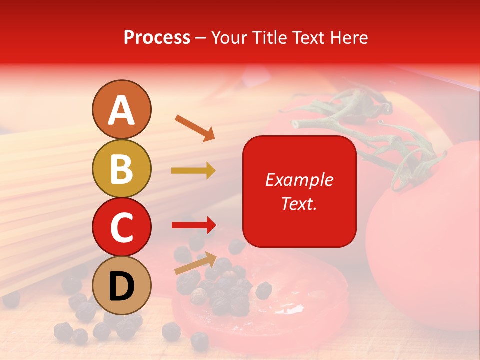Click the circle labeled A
(x=121, y=110)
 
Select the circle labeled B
(x=121, y=168)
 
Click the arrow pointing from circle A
(x=194, y=128)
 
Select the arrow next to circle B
(x=193, y=171)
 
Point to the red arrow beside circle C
(x=193, y=225)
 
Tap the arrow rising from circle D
(x=195, y=263)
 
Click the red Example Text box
(x=299, y=191)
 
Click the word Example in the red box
(x=299, y=180)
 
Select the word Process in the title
(x=157, y=37)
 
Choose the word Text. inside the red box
(x=299, y=203)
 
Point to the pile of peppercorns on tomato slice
(x=225, y=290)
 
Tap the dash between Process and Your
(x=201, y=38)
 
